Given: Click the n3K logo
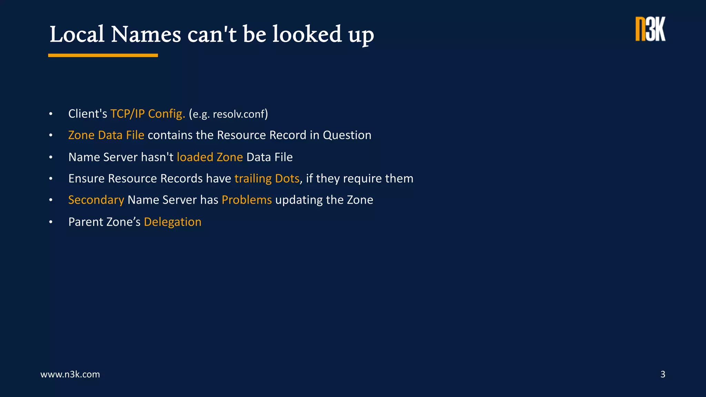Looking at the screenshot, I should (x=650, y=29).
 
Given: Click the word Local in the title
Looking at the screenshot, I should (x=77, y=34).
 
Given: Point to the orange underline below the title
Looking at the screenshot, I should (x=103, y=55).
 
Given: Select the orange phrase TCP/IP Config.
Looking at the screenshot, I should (x=148, y=114).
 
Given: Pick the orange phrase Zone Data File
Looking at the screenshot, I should (x=106, y=135).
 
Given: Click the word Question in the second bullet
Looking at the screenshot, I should (x=347, y=135).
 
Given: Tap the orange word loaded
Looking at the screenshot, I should (x=195, y=157).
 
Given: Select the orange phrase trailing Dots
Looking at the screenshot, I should (x=267, y=179).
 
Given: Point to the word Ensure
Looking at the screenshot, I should (x=86, y=179).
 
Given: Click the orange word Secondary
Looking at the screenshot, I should (x=96, y=200).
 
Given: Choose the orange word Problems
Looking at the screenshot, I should (x=246, y=200).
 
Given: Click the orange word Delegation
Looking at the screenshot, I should (x=172, y=222).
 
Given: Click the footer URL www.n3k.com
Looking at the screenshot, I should (x=70, y=374).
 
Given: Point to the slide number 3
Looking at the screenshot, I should (x=663, y=374).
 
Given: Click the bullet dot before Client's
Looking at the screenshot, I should (x=51, y=114).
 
